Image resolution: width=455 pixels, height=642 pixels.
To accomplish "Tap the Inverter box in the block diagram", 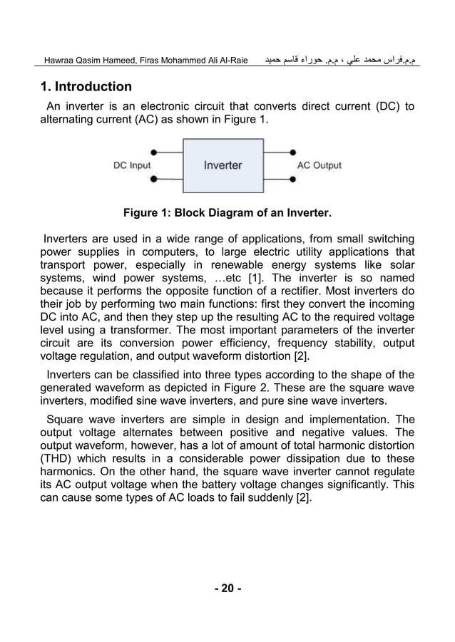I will tap(223, 165).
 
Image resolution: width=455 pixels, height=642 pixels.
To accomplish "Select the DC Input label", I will tap(132, 166).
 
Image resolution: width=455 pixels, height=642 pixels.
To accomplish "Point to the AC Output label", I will tap(319, 166).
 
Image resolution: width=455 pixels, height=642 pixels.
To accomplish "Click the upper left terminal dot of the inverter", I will tap(153, 152).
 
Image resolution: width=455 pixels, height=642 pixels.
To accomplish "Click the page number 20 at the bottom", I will tap(227, 588).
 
